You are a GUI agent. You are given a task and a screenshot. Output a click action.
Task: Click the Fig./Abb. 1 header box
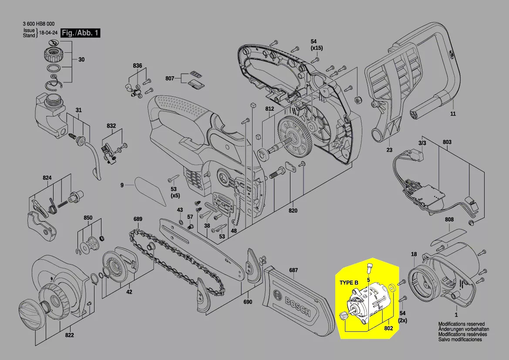coord(81,33)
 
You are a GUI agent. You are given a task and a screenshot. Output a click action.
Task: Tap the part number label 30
coord(81,60)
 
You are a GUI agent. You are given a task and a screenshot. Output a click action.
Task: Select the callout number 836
coord(138,66)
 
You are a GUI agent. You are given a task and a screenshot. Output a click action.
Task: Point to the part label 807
coord(170,79)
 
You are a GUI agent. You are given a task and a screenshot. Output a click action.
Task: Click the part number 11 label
coord(453,114)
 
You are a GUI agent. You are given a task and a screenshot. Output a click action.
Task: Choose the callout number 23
coord(389,150)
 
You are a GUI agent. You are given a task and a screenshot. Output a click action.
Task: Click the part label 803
coord(447,142)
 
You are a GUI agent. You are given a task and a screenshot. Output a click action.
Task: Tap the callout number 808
coord(449,220)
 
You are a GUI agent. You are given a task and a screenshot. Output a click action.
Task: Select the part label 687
coord(293,270)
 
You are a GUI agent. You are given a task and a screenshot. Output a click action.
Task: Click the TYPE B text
coord(349,283)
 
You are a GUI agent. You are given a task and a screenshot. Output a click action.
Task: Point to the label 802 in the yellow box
coord(389,328)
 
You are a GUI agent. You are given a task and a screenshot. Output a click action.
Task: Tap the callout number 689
coord(138,218)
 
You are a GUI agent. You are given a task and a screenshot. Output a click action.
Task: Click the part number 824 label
coord(47,178)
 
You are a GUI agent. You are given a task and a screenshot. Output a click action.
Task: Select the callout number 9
coord(122,185)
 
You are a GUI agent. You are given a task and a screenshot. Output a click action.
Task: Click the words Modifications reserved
coord(461,324)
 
